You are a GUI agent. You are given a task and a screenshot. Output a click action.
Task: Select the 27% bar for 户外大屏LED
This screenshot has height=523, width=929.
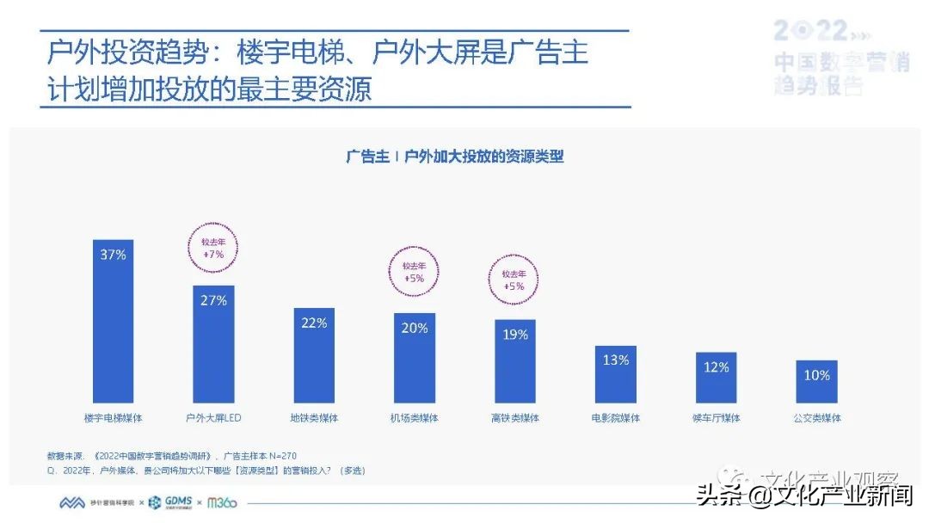tap(213, 344)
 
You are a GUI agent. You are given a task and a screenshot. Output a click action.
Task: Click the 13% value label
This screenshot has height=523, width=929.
tap(616, 360)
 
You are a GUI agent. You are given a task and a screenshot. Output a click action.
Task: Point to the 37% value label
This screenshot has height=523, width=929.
tap(114, 255)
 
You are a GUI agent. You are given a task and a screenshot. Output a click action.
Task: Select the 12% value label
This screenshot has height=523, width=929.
tap(716, 367)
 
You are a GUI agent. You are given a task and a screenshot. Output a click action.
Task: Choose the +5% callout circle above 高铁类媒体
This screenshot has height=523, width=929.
tap(514, 280)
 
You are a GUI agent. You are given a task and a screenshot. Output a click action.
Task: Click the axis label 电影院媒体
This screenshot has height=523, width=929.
tap(616, 419)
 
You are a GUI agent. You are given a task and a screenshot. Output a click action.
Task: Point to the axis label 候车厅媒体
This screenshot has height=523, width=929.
tap(716, 419)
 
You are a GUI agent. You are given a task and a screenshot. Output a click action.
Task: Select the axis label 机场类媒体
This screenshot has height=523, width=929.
tap(414, 419)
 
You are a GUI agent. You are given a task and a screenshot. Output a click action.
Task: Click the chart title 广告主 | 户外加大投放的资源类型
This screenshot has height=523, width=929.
tap(454, 157)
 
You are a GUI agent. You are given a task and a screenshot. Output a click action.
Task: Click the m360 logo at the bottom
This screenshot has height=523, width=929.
tap(222, 502)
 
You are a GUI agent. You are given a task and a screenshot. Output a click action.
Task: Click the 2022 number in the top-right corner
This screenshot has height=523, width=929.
tap(810, 32)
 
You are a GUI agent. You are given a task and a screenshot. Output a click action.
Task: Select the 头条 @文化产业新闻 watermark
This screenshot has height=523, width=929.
tap(804, 497)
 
